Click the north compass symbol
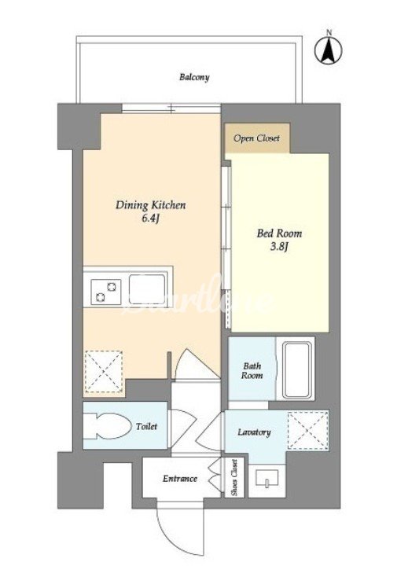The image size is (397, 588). click(329, 50)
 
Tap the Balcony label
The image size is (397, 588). click(194, 77)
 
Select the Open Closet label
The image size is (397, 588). click(257, 138)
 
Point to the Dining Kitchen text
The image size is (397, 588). click(151, 205)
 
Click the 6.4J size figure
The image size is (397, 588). click(151, 219)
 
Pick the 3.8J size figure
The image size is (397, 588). click(279, 247)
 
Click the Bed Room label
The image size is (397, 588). click(279, 233)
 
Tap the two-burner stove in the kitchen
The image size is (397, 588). click(106, 292)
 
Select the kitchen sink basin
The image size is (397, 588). click(147, 289)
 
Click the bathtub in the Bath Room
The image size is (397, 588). click(297, 369)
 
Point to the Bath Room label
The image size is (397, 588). click(252, 370)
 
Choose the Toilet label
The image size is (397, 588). click(146, 426)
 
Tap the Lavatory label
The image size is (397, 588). click(254, 432)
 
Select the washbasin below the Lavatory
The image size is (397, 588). click(267, 479)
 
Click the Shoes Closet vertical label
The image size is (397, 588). click(234, 477)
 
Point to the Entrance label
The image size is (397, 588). click(179, 479)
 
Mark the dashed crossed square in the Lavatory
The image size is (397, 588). click(308, 431)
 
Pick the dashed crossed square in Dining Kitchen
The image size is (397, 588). click(104, 371)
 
